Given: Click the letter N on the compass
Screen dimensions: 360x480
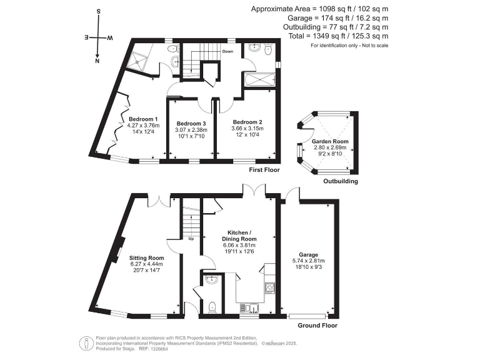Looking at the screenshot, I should tap(97, 61).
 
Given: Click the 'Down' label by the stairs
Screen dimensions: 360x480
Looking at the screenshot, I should tap(227, 52).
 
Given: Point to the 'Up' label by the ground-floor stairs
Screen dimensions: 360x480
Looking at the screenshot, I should tap(191, 239).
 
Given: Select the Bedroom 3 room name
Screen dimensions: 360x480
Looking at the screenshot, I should tap(191, 123).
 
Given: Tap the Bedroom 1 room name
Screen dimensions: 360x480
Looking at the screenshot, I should tap(143, 119).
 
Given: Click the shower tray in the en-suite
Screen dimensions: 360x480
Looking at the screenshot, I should tap(137, 61).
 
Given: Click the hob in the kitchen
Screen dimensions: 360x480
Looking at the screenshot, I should tap(271, 288).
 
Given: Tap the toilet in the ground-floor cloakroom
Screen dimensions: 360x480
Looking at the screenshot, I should tap(212, 306).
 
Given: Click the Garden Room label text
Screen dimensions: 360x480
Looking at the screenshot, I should tap(326, 142).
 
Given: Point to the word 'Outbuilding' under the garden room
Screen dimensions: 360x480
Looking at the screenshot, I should tap(340, 182).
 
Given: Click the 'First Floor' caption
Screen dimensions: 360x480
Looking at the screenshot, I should tap(264, 170).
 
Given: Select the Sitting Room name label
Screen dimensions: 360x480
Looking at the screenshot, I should tap(146, 257).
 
